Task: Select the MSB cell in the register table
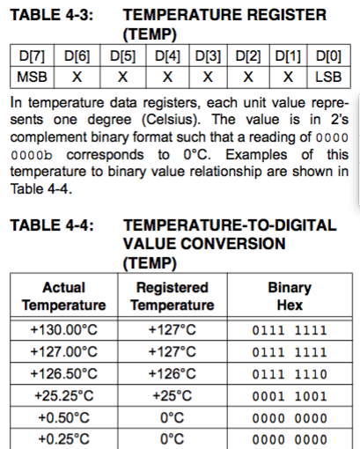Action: (32, 77)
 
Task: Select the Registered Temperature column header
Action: (173, 296)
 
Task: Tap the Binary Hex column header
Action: (289, 296)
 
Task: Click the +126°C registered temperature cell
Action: (173, 372)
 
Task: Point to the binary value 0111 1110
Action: (289, 373)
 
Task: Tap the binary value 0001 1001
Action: (289, 395)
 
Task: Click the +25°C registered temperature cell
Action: (173, 394)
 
